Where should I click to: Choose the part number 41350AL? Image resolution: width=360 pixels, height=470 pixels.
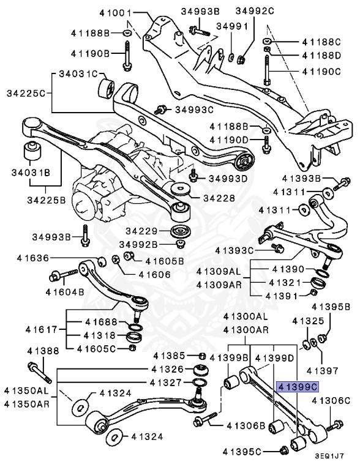pos(25,390)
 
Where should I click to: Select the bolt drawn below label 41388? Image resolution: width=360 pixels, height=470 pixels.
pos(35,371)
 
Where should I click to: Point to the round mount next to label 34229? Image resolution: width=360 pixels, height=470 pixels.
pos(179,233)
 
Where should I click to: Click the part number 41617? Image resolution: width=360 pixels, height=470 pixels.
pos(40,330)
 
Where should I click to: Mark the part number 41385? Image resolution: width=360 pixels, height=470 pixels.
pos(173,356)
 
